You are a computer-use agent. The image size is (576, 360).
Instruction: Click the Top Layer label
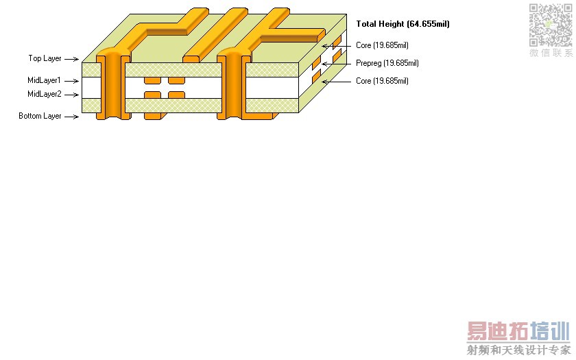pos(45,58)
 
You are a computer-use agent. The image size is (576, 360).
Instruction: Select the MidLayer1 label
pos(44,80)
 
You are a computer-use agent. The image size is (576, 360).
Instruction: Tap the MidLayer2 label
pos(45,94)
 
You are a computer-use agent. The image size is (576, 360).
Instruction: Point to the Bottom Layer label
pos(40,116)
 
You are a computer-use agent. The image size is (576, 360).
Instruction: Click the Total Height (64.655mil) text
pos(403,24)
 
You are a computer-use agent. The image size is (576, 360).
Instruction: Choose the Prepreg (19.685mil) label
pos(387,63)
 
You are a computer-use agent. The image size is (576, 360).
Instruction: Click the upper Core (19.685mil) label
pos(382,45)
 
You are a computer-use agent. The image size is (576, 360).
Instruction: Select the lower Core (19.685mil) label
pos(382,81)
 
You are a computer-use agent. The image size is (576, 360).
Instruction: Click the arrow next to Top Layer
pos(71,59)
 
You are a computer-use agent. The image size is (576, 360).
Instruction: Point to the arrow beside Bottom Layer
pos(71,117)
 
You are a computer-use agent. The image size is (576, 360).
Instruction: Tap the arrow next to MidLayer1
pos(71,81)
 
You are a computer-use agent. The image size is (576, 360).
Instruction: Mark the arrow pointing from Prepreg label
pos(337,64)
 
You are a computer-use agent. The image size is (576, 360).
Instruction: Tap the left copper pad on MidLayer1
pos(152,80)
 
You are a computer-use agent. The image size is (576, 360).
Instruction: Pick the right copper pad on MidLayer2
pos(176,95)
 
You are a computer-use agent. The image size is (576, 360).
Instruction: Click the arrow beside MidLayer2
pos(71,95)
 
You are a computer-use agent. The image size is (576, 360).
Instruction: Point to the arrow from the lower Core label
pos(337,82)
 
